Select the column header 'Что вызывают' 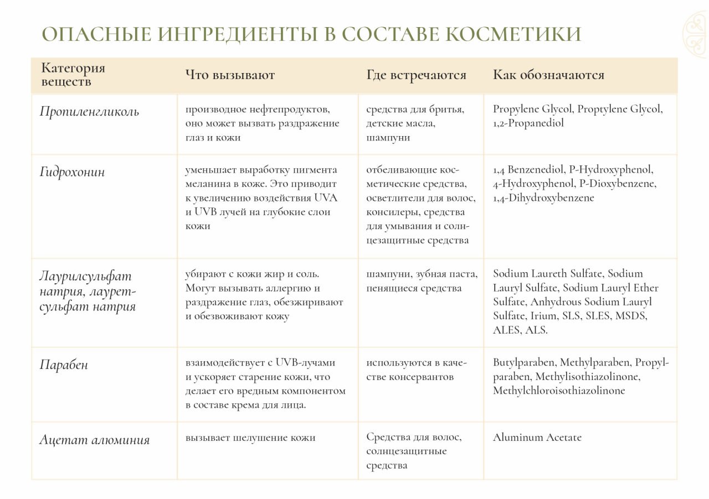click(x=230, y=75)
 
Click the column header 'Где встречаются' click(x=416, y=75)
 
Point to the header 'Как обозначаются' click(x=548, y=75)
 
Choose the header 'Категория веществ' click(x=73, y=75)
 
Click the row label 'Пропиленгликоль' click(x=89, y=112)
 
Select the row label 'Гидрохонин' click(x=72, y=172)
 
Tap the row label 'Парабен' click(x=64, y=365)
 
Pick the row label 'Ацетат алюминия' click(x=94, y=440)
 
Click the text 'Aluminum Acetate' click(x=537, y=438)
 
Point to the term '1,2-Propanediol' click(x=528, y=123)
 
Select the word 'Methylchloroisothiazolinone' click(x=559, y=391)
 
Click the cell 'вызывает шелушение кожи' click(x=250, y=438)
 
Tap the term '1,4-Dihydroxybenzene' click(x=543, y=198)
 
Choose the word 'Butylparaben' click(x=524, y=363)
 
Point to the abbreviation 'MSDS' click(x=631, y=316)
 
